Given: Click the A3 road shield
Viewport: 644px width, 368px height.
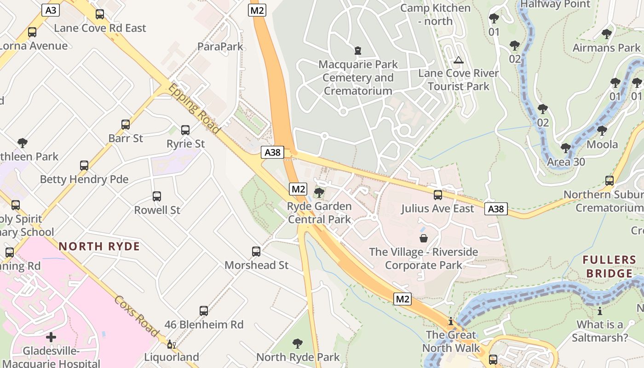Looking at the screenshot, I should [x=50, y=10].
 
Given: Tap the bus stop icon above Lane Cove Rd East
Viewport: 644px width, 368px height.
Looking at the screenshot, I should [x=100, y=14].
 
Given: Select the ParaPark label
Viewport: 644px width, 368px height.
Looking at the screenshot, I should [x=220, y=46].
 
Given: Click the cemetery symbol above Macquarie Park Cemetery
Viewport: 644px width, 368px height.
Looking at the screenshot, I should [x=357, y=50].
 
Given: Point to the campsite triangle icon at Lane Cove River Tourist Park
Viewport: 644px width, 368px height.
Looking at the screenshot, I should [x=458, y=60].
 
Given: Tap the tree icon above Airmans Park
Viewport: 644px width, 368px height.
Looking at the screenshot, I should [x=606, y=34].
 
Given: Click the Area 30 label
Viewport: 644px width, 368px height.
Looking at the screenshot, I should [x=566, y=162].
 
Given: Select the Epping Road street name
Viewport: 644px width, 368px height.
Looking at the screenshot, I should [x=194, y=109].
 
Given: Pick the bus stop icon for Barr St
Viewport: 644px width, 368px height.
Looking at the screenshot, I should [x=126, y=125].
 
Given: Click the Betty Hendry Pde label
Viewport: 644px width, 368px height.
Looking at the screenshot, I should [x=84, y=179].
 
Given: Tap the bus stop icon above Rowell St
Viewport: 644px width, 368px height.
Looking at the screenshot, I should [x=157, y=196].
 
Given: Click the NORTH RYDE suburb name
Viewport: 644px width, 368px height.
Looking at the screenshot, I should [x=99, y=246].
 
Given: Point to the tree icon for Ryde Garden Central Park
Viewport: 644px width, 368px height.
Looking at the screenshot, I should [x=319, y=193].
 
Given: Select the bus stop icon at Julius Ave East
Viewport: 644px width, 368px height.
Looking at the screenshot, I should [x=437, y=195].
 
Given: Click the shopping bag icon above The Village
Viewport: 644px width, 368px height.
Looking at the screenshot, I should [x=423, y=238].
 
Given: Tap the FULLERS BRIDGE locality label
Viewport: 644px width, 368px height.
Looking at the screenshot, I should [x=609, y=267].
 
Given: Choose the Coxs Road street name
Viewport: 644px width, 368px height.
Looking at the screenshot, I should [x=136, y=316].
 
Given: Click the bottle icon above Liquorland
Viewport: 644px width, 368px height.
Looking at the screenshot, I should [x=171, y=344].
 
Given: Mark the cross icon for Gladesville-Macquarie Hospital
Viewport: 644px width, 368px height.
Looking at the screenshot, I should [x=51, y=337].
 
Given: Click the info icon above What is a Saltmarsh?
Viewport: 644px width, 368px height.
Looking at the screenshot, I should [x=600, y=311].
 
